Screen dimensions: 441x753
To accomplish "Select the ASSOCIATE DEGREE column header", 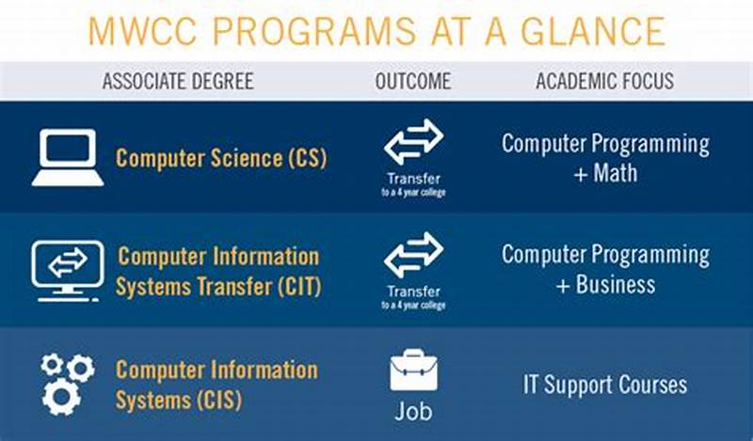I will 178,81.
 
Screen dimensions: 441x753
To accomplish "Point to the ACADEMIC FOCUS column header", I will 605,81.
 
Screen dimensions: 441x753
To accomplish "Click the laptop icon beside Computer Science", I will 68,158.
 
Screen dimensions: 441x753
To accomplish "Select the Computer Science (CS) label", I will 221,158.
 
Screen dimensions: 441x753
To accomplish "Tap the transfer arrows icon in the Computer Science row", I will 413,142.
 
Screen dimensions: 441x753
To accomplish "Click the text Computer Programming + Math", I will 605,158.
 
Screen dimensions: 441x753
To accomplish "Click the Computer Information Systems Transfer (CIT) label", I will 217,271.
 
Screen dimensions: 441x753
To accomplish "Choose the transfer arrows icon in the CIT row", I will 413,255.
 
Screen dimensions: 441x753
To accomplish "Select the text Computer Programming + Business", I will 605,269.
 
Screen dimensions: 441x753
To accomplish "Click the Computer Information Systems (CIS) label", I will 217,384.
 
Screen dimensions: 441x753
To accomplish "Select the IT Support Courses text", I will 605,385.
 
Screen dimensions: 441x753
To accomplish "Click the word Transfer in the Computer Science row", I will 413,179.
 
